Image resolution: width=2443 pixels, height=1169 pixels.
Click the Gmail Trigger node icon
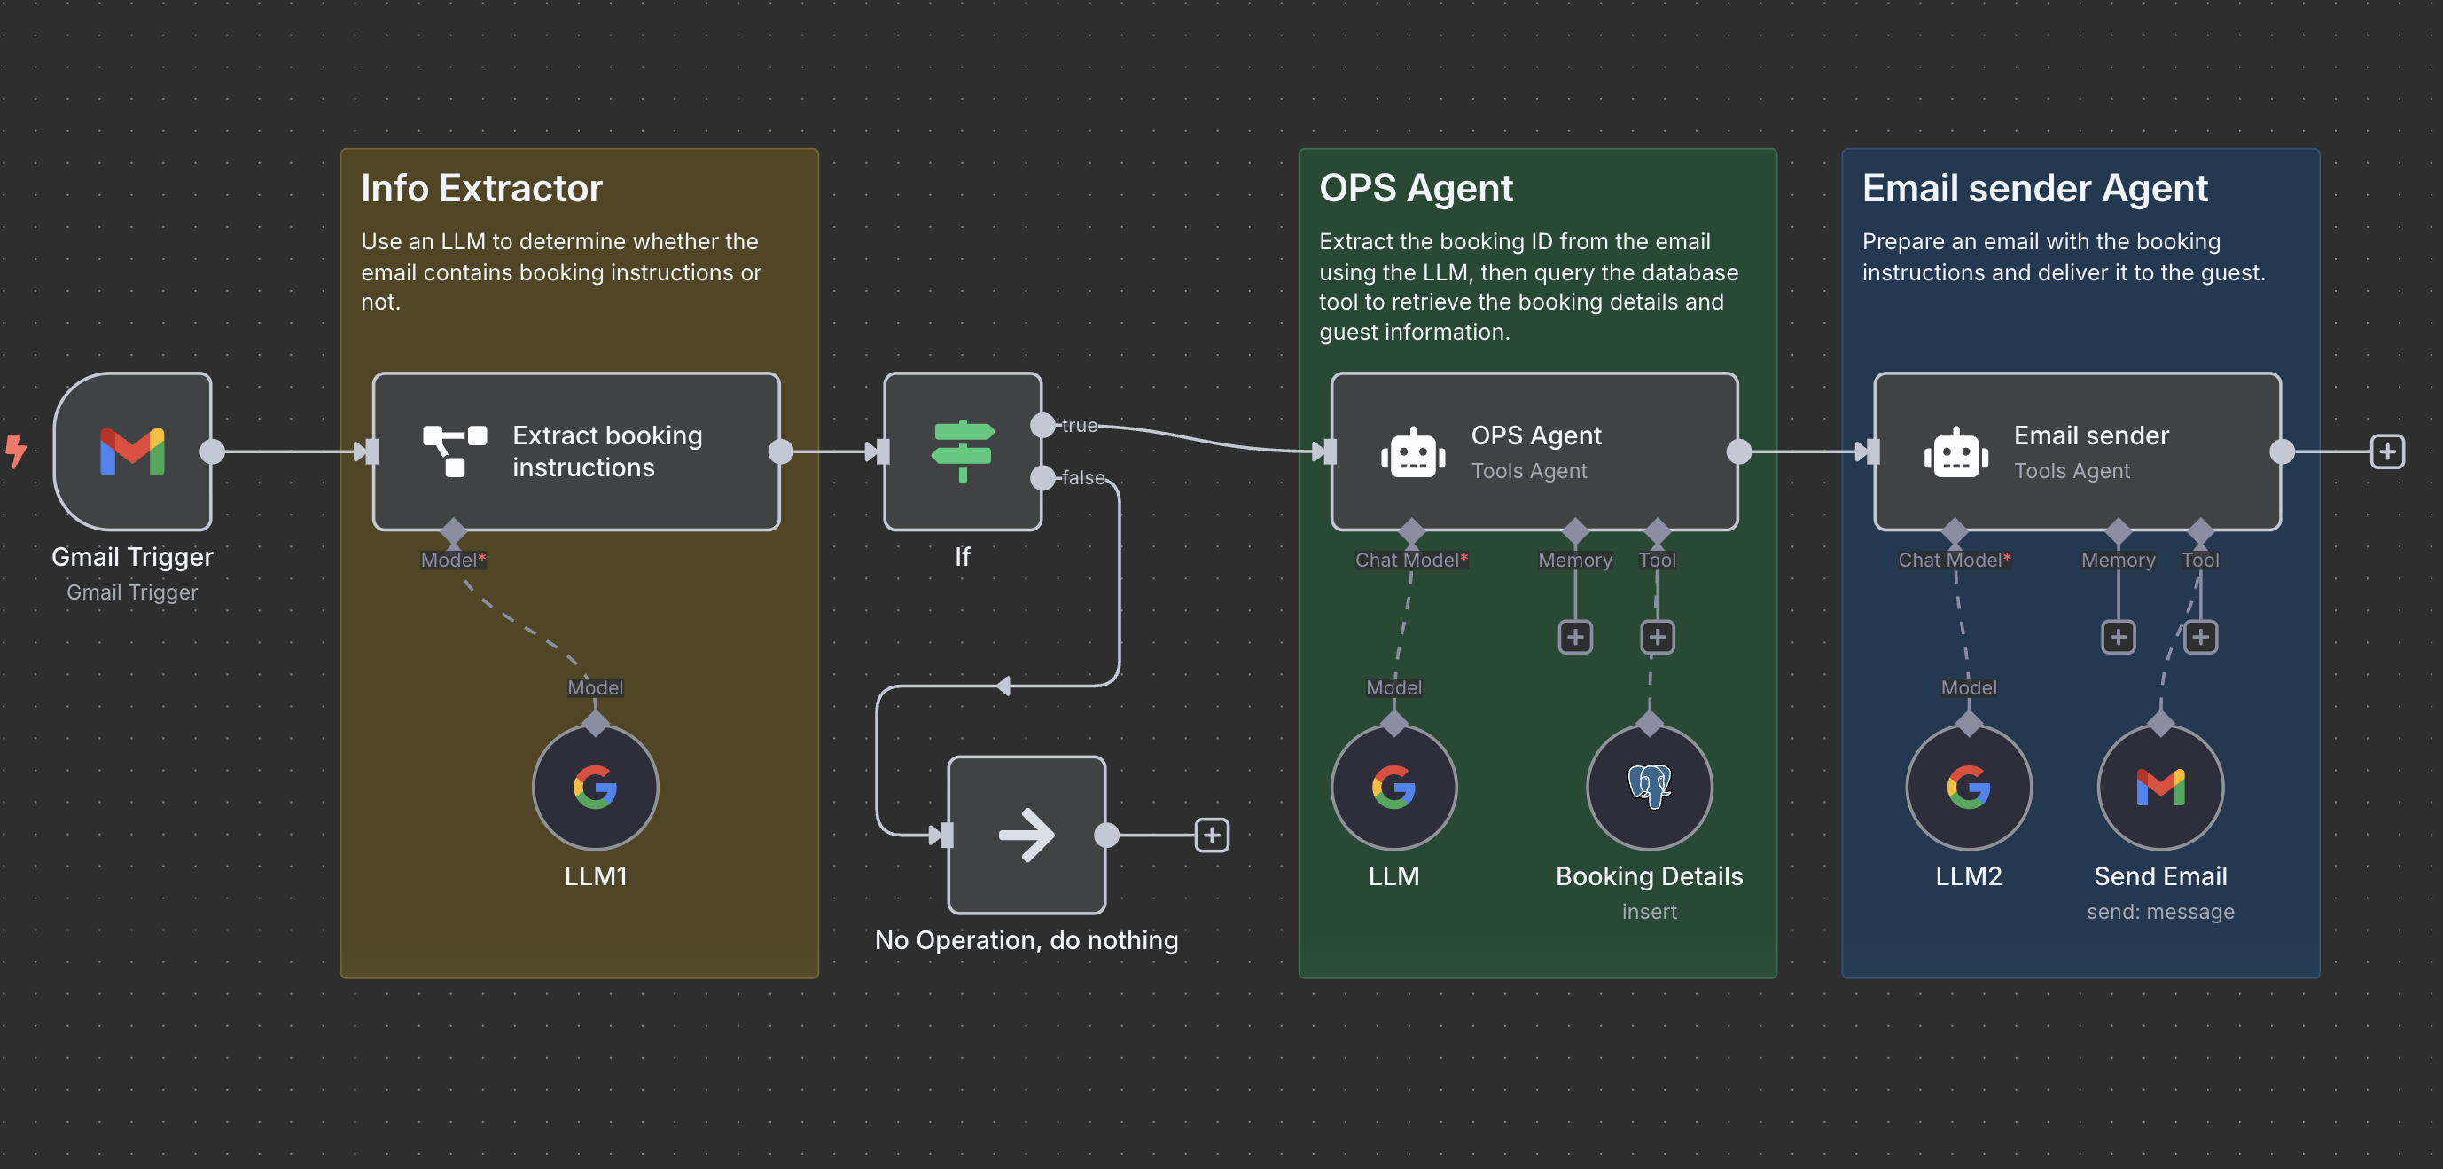pos(132,451)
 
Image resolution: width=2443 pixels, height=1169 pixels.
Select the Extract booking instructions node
pos(575,451)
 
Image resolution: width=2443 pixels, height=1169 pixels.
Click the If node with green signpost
pos(962,451)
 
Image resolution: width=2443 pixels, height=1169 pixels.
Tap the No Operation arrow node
pos(1026,835)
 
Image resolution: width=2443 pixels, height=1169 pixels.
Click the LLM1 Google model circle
pos(595,788)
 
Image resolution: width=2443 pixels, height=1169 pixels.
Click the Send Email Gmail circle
pos(2159,788)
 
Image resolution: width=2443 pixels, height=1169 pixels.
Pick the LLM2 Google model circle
pos(1968,788)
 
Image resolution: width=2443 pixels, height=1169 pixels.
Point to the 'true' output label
pos(1080,425)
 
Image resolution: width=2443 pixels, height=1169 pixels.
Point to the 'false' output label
pos(1083,477)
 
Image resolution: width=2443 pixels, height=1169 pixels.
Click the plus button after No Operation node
pos(1211,835)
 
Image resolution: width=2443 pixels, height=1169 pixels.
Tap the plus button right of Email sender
pos(2387,451)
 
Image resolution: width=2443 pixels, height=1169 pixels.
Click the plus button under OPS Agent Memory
pos(1574,637)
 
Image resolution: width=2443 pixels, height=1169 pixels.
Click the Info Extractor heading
pos(480,188)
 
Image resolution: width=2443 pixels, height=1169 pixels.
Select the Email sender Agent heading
pos(2034,188)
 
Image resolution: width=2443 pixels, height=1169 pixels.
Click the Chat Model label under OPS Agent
pos(1410,560)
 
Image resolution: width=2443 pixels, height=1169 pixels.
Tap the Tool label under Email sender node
pos(2199,560)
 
